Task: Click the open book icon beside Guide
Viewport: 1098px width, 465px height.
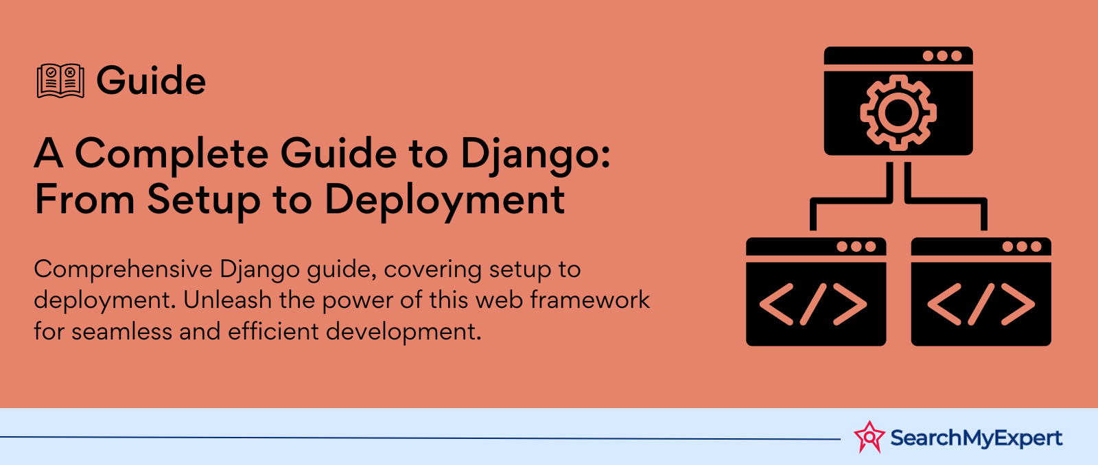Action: coord(60,81)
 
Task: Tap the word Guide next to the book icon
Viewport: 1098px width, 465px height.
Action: coord(151,80)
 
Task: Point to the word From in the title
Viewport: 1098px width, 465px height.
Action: coord(84,199)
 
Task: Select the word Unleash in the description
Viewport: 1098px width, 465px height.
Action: coord(228,300)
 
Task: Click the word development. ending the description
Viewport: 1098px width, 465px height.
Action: coord(404,333)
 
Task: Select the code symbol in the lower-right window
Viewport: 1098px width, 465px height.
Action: coord(981,305)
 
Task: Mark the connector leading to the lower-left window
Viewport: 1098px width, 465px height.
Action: coord(851,200)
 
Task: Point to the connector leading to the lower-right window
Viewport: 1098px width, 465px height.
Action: coord(946,200)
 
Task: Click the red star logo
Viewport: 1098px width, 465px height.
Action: coord(869,437)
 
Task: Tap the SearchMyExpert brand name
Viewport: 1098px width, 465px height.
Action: coord(977,438)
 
